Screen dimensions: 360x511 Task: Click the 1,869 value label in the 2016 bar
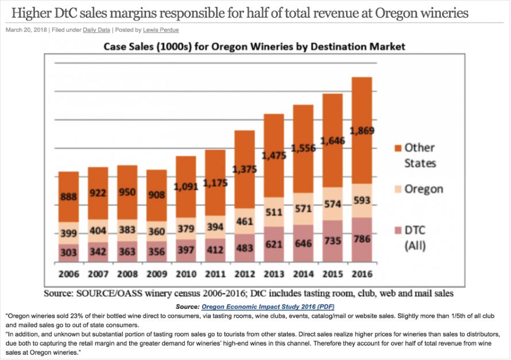point(362,130)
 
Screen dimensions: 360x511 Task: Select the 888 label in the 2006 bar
point(69,196)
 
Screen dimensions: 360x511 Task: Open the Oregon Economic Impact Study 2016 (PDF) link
point(268,307)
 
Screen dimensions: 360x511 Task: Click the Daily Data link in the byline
point(98,30)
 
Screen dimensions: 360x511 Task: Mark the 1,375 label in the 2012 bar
point(245,169)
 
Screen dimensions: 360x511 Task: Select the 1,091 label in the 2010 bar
point(186,187)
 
